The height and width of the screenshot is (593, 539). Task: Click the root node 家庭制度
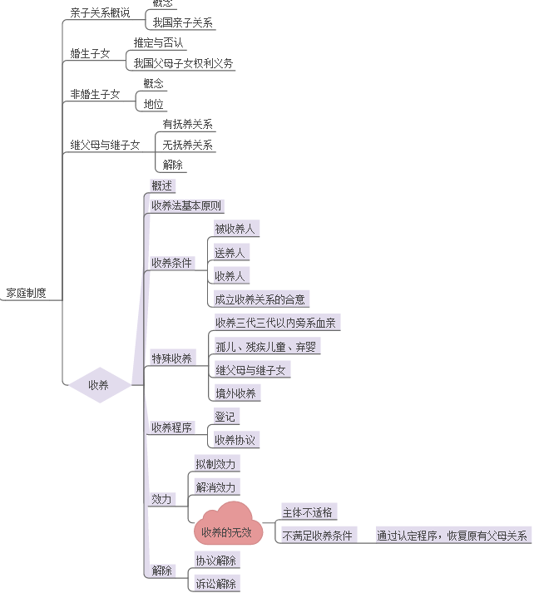click(x=26, y=293)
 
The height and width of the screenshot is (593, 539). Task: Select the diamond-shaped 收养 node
click(x=98, y=385)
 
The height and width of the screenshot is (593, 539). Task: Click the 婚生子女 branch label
click(x=90, y=53)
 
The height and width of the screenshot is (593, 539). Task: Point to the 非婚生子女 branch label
click(x=95, y=94)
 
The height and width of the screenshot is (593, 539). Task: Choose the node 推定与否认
click(x=158, y=42)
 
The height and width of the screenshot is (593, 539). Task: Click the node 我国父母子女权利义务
click(x=183, y=63)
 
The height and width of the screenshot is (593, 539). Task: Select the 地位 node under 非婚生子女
click(x=154, y=104)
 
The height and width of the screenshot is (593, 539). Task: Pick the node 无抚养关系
click(x=187, y=145)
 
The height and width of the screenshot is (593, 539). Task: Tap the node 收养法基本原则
click(x=187, y=205)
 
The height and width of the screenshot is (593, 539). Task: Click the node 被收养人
click(x=235, y=229)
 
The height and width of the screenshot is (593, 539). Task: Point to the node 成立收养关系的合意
click(x=260, y=299)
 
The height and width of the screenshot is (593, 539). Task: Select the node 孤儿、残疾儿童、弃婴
click(x=265, y=346)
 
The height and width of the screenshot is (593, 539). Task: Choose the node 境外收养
click(x=236, y=393)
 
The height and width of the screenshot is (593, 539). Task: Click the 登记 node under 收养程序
click(x=225, y=416)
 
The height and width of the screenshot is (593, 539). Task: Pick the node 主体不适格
click(x=308, y=512)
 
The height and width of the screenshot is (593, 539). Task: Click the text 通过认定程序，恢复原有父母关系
click(x=452, y=536)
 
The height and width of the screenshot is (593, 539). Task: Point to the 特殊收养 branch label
click(x=172, y=358)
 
